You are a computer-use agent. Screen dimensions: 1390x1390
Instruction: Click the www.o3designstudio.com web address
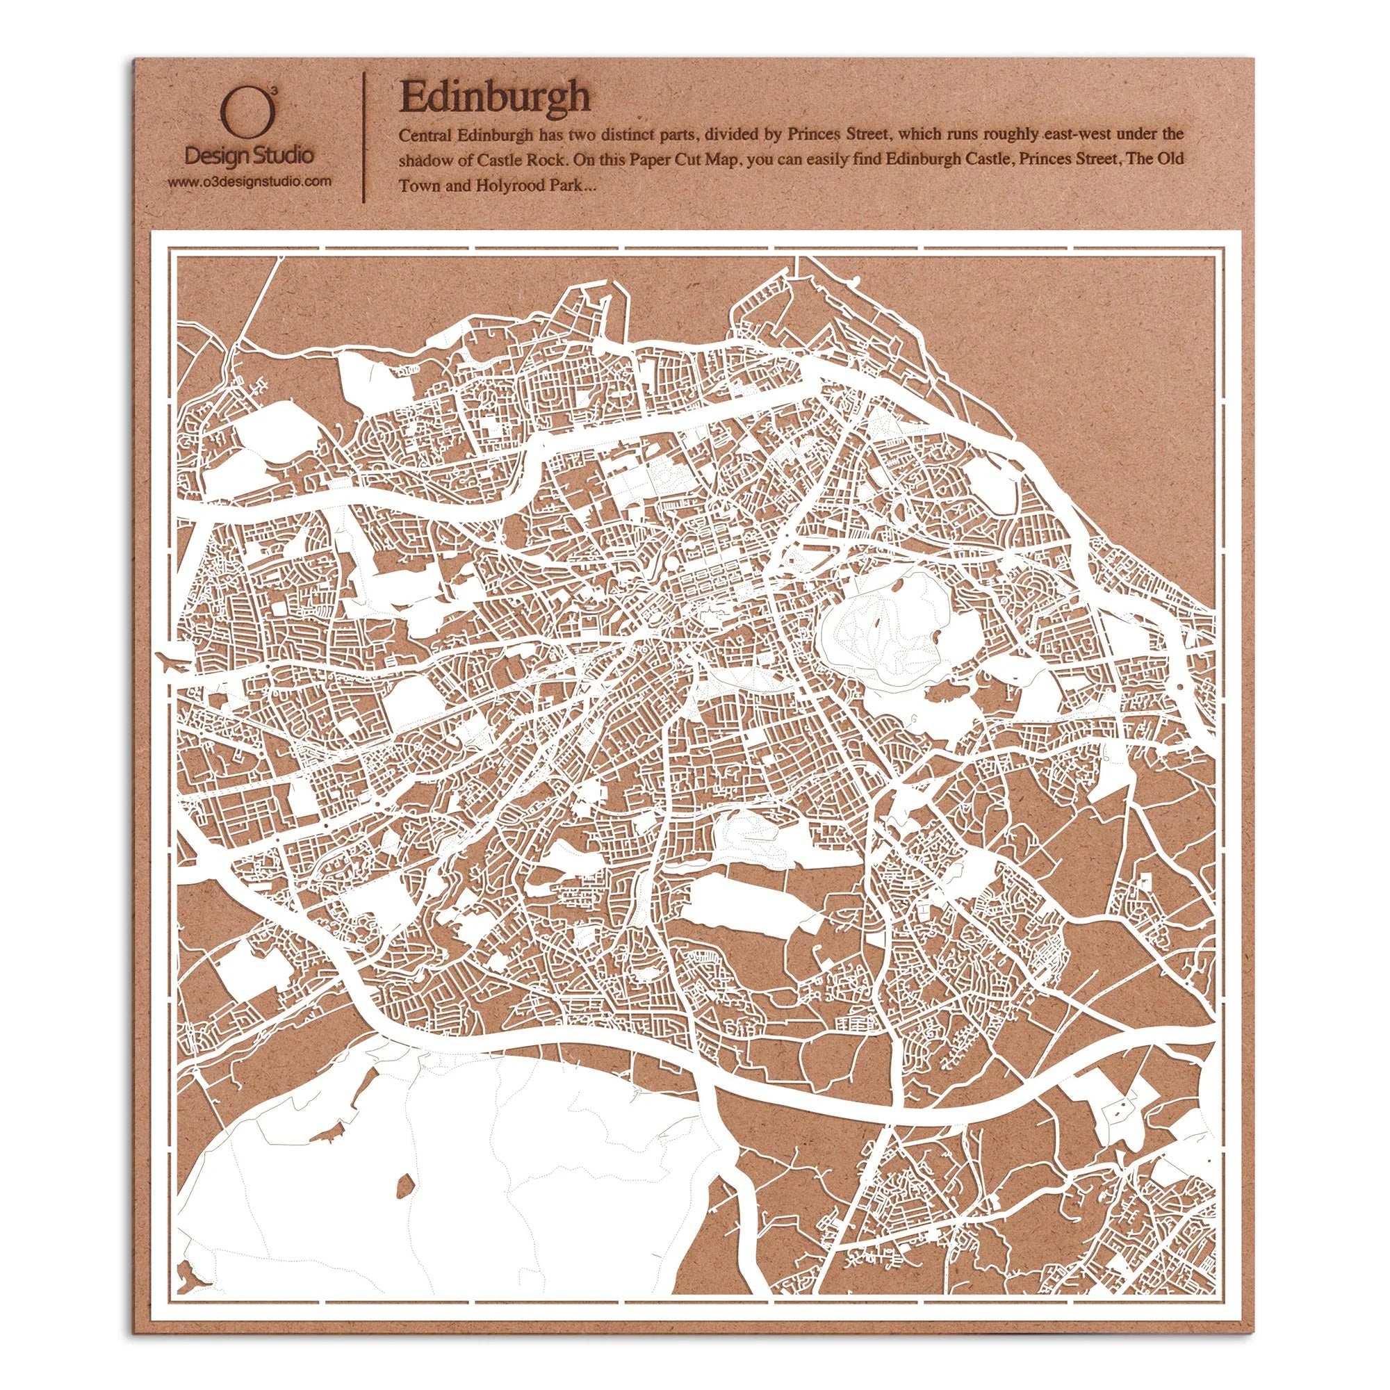coord(250,182)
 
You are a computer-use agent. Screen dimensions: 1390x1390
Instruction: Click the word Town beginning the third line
coord(416,186)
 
